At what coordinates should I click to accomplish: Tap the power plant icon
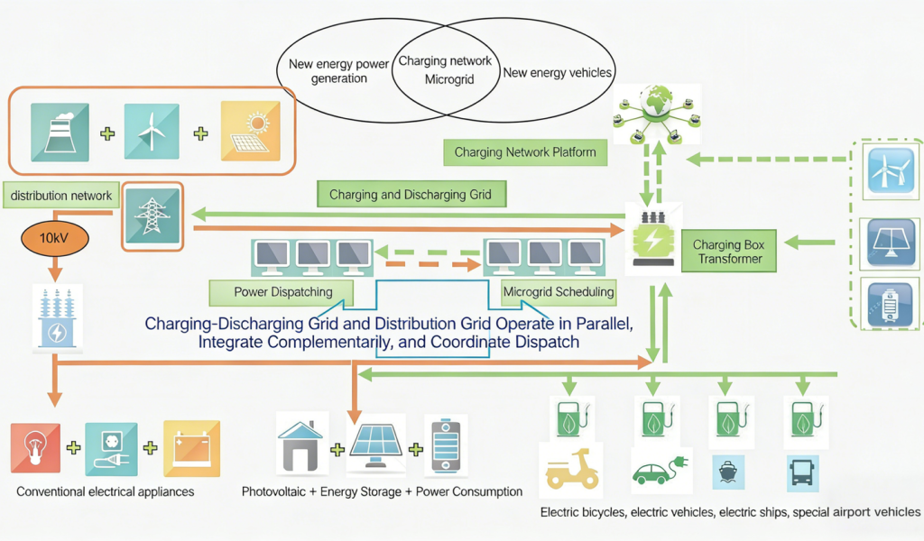(x=60, y=132)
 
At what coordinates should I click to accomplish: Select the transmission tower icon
(x=151, y=216)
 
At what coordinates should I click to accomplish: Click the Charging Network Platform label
(x=525, y=152)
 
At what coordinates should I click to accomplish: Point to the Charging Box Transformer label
(x=729, y=252)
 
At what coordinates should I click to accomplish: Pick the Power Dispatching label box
(x=282, y=291)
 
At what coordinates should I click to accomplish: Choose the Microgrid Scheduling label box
(x=559, y=291)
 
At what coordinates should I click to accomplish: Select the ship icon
(x=728, y=471)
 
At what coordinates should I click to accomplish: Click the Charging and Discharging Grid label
(x=411, y=194)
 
